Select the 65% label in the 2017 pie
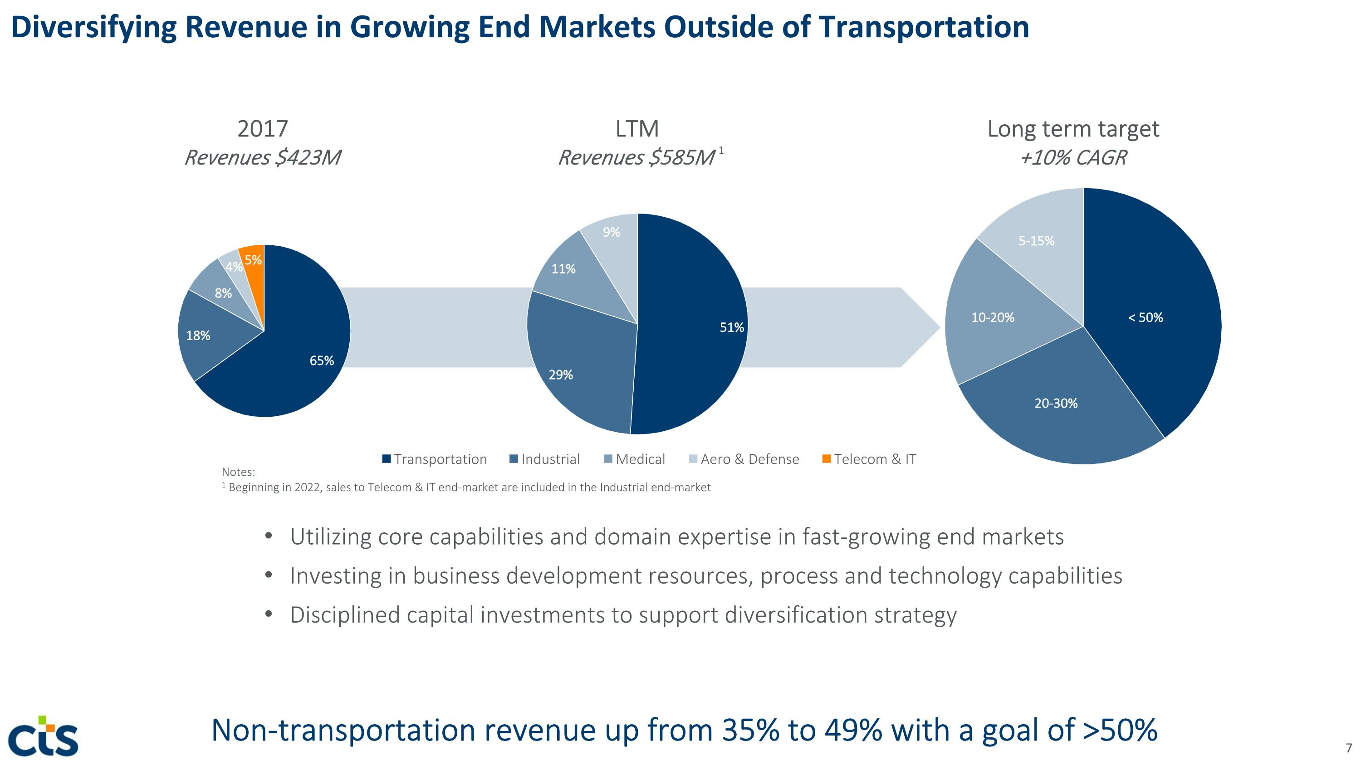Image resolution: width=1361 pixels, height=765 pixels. point(321,361)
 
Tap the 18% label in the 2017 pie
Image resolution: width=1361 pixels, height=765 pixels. point(198,335)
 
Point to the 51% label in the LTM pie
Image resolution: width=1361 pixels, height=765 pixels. point(731,327)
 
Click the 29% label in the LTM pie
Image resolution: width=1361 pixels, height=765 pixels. point(561,375)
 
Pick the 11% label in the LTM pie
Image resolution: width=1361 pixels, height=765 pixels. point(563,269)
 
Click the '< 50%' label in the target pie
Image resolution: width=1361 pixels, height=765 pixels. point(1145,318)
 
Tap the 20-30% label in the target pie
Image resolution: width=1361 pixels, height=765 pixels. point(1056,403)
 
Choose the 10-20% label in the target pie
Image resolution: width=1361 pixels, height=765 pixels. point(992,318)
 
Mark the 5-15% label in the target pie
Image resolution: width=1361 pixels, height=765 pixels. point(1036,241)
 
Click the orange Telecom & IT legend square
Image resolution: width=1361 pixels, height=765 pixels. point(826,459)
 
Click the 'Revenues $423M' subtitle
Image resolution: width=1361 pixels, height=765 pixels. point(262,158)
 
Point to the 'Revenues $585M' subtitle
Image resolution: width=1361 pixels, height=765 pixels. point(636,158)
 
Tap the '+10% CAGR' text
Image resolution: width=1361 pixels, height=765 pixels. point(1073,158)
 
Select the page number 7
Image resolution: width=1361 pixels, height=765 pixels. point(1348,748)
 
